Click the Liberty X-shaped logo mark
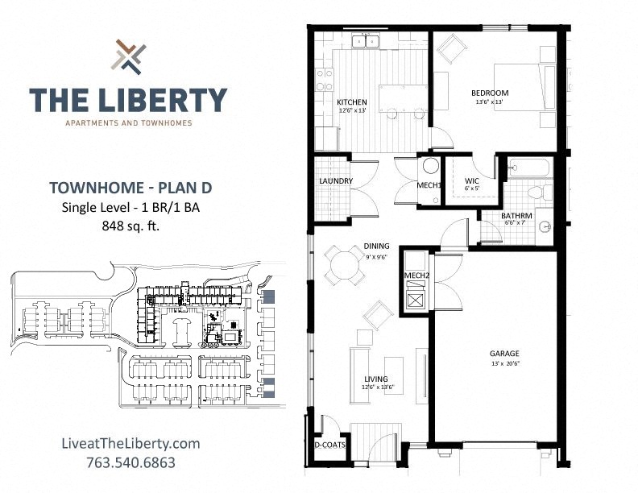click(x=129, y=56)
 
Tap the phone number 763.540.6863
click(x=130, y=463)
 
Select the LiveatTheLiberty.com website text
click(x=130, y=444)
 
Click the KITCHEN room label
click(x=352, y=102)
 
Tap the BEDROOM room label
click(x=490, y=93)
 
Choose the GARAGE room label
click(x=504, y=353)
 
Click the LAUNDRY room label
click(x=335, y=181)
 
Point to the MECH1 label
click(x=429, y=185)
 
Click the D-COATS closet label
click(x=329, y=466)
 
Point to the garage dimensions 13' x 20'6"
click(x=504, y=363)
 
